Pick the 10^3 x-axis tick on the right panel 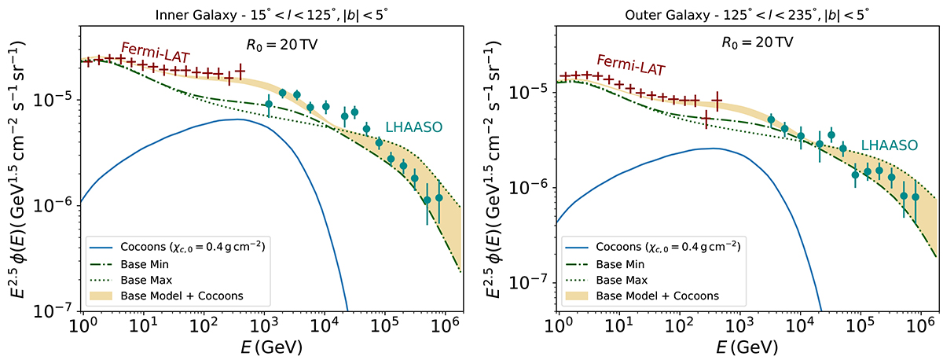click(739, 325)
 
